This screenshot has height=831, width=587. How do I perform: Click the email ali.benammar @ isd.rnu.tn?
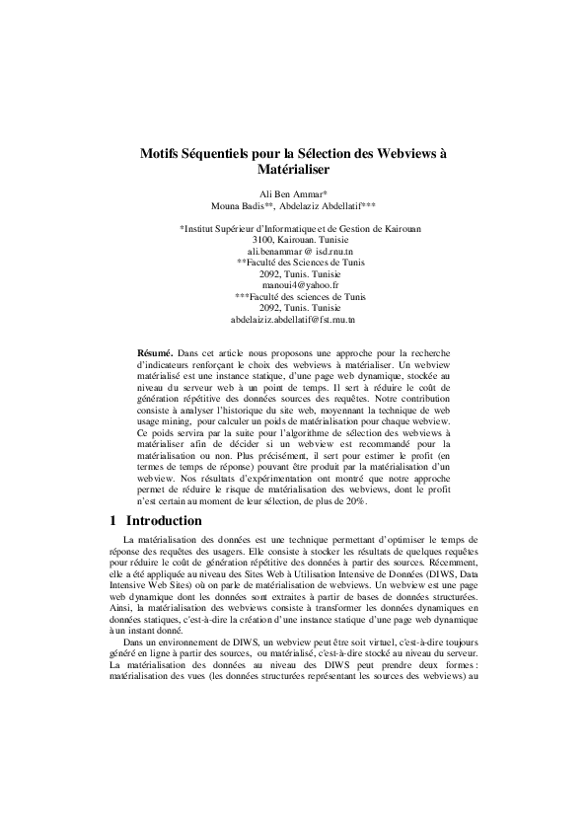point(293,253)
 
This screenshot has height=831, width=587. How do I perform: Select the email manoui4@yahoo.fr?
point(293,285)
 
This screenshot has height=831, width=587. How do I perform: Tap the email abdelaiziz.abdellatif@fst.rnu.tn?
point(293,319)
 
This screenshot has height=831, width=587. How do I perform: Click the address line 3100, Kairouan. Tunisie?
point(293,241)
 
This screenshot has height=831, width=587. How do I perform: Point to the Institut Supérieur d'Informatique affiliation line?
point(293,229)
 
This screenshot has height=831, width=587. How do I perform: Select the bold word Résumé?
point(155,352)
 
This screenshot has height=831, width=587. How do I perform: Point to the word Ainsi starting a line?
point(119,611)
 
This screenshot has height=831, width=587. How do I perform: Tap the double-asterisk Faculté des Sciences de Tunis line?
point(293,264)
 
